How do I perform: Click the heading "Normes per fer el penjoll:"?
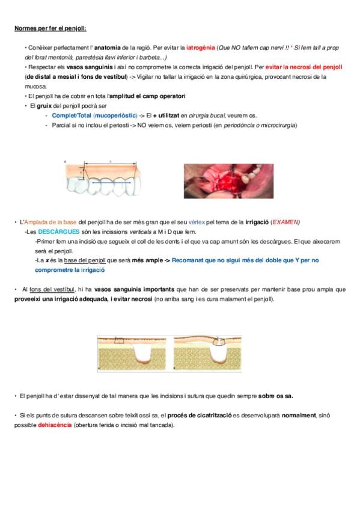50,28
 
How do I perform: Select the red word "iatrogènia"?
201,48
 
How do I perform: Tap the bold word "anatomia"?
107,48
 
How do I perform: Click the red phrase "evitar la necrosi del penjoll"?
304,67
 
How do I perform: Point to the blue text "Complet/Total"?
72,115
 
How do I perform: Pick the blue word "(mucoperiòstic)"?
115,115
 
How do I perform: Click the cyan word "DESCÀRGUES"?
59,232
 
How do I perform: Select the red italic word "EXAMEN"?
285,222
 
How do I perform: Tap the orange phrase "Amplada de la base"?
50,222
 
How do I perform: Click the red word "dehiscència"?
55,425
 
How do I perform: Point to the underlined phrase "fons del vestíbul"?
52,289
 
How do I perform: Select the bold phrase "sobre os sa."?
275,396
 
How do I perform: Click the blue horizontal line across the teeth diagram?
111,183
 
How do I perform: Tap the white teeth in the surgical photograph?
251,173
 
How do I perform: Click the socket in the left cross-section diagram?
144,354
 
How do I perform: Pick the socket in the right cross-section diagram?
218,354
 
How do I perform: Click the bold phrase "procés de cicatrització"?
200,416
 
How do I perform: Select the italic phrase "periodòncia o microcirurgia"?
260,125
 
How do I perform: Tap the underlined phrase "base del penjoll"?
85,260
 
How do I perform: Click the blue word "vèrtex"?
197,222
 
